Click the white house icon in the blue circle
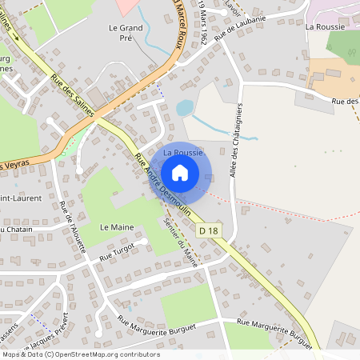180,172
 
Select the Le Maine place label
117,227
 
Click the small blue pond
185,107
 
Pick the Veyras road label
16,164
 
